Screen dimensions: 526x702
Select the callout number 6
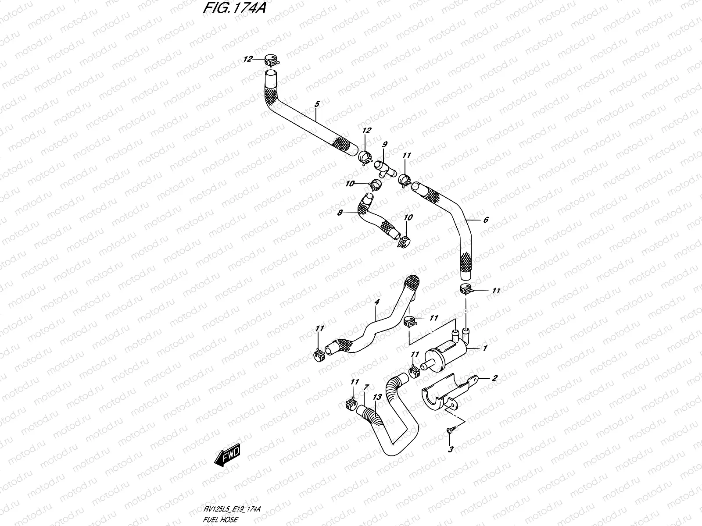486,220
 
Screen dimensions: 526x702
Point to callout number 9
385,144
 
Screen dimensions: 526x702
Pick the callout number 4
376,302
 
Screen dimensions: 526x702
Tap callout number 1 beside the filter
485,348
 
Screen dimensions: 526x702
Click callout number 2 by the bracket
494,378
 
